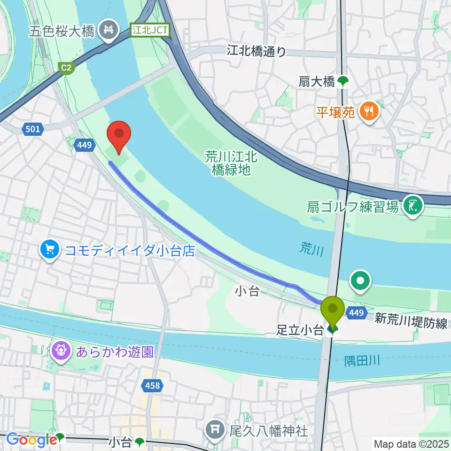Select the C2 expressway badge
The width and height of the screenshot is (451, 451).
[67, 68]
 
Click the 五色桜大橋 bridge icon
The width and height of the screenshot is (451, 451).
[109, 31]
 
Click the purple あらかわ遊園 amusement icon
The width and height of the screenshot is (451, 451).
[62, 351]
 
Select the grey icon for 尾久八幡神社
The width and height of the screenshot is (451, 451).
[217, 430]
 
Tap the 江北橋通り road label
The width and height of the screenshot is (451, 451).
[256, 50]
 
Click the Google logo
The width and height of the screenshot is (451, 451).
[31, 440]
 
